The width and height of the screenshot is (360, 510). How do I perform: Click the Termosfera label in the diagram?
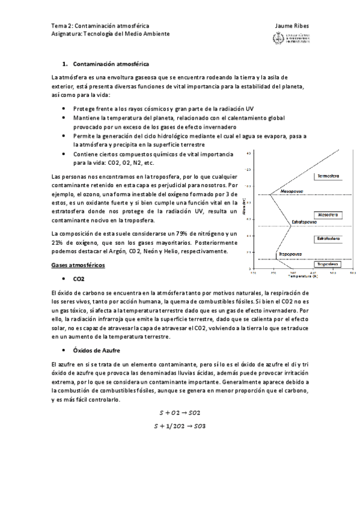(328, 176)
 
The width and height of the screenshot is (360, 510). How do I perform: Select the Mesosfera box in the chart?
(328, 215)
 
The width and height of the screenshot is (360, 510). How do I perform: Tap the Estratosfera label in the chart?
(328, 239)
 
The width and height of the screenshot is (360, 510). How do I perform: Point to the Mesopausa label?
(281, 192)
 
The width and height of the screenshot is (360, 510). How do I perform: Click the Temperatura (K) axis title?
(302, 276)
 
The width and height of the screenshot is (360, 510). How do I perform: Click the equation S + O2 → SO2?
(180, 412)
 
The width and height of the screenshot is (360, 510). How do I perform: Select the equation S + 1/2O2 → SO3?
(180, 425)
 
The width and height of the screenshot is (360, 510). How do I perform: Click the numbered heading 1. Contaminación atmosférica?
(106, 63)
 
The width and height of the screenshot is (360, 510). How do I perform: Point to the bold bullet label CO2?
(79, 279)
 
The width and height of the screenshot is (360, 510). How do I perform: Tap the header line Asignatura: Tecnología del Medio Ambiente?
(111, 34)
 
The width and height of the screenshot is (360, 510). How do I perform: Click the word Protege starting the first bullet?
(84, 108)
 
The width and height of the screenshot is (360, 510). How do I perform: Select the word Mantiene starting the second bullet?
(86, 118)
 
